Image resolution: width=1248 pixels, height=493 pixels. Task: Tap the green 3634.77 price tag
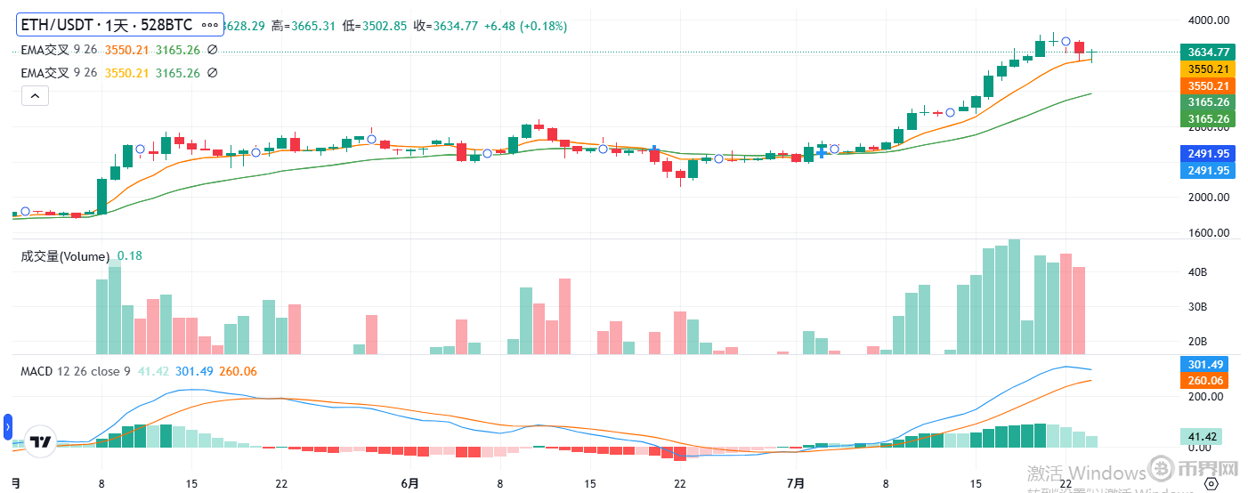pyautogui.click(x=1205, y=52)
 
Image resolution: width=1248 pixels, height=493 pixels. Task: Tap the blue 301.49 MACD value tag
pyautogui.click(x=1205, y=364)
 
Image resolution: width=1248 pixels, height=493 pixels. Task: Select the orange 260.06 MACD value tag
pyautogui.click(x=1205, y=381)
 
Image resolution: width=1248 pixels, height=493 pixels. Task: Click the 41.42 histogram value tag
pyautogui.click(x=1205, y=436)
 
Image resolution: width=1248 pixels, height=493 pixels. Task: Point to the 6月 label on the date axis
pyautogui.click(x=409, y=483)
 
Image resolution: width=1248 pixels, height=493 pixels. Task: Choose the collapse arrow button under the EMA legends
pyautogui.click(x=35, y=95)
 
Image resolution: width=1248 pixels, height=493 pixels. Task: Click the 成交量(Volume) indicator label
pyautogui.click(x=65, y=256)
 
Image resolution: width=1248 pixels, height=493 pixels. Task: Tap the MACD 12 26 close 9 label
pyautogui.click(x=76, y=371)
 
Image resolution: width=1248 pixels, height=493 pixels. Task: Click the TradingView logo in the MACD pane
pyautogui.click(x=40, y=441)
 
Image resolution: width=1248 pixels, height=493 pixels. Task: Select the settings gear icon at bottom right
pyautogui.click(x=1210, y=483)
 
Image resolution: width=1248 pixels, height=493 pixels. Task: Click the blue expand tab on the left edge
pyautogui.click(x=8, y=428)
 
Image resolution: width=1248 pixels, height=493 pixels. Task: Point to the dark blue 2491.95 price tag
pyautogui.click(x=1205, y=153)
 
